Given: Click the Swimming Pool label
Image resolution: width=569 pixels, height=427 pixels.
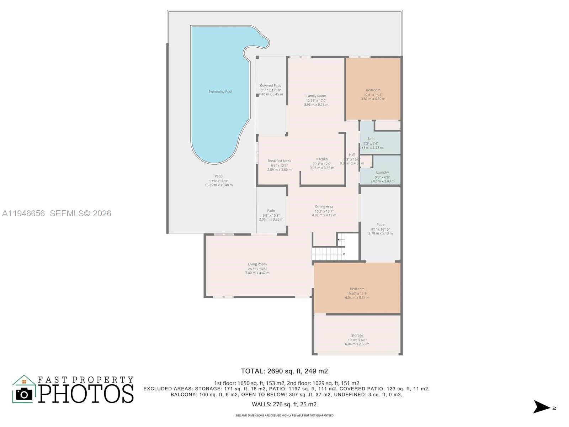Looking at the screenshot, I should [x=220, y=92].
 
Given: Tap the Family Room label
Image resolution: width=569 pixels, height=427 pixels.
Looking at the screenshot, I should [x=316, y=96].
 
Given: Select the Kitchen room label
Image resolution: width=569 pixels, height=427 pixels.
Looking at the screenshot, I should [x=322, y=159].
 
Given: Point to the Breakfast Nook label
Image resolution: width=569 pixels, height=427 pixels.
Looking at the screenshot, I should [x=279, y=161].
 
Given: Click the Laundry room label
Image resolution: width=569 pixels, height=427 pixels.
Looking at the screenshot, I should [x=382, y=173].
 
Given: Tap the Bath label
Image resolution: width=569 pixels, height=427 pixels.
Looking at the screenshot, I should [x=371, y=139].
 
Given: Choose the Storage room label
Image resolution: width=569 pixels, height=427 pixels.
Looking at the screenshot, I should [x=357, y=336].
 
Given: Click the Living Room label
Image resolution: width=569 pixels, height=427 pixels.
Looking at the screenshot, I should [x=257, y=264].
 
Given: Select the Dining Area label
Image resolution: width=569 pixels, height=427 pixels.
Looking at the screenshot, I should [x=324, y=207].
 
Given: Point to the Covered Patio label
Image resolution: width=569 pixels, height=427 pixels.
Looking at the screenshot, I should [x=271, y=86].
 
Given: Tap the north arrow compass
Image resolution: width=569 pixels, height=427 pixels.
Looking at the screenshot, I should [x=542, y=407].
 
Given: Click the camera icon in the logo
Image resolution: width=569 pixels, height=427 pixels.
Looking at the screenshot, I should [x=24, y=394].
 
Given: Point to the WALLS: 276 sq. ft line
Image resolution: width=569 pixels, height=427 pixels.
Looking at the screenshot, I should [x=284, y=404].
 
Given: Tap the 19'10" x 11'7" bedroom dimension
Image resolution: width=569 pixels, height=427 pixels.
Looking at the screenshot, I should [x=357, y=294].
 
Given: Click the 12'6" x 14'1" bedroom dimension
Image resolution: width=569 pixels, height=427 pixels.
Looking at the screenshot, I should [x=373, y=95].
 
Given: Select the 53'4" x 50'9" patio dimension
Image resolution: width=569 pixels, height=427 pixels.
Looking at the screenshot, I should [x=218, y=181].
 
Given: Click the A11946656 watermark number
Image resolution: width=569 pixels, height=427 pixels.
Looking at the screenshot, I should [x=23, y=213].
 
